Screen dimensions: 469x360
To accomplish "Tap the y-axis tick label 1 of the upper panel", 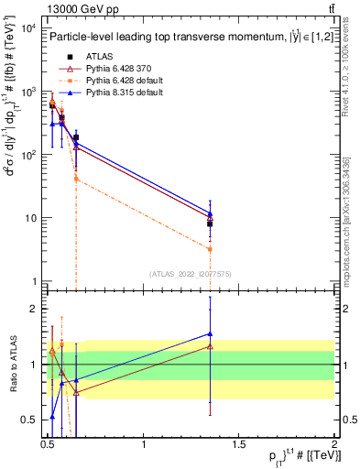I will pos(32,281).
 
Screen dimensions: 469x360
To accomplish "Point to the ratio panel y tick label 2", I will pos(32,309).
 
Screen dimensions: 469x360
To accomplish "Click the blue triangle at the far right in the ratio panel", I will pos(211,333).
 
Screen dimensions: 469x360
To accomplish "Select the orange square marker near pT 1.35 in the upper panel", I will pos(211,249).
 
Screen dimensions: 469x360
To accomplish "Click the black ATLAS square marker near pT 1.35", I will pos(211,224).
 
